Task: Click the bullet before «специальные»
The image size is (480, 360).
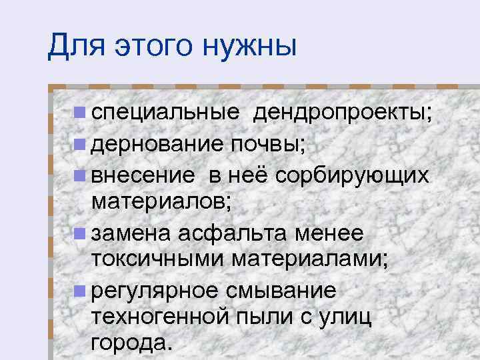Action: click(79, 114)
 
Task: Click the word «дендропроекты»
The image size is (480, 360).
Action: click(339, 114)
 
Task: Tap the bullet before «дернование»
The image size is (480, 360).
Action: click(79, 143)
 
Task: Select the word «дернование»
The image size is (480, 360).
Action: click(159, 143)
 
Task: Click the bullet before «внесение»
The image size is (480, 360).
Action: click(79, 174)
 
